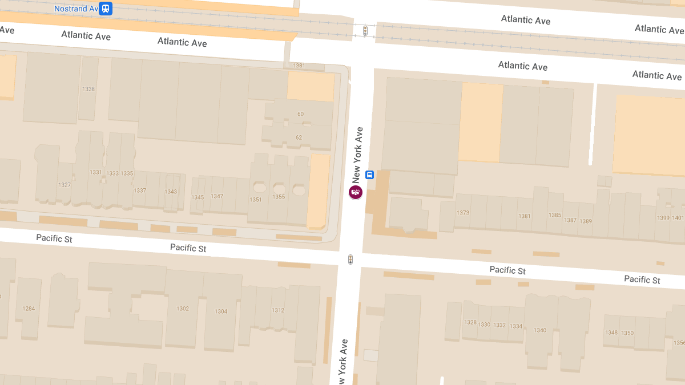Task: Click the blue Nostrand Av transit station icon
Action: [105, 9]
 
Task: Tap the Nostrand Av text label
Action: [76, 9]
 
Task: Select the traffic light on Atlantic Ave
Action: [365, 31]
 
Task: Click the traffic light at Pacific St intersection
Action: [350, 260]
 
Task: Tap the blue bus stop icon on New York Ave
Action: [370, 175]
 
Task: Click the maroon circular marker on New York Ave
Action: [356, 192]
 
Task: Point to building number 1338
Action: [88, 89]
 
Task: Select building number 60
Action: [300, 114]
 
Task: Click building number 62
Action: [299, 137]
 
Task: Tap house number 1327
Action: [65, 185]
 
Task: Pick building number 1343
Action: [171, 192]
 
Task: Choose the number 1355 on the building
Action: [279, 197]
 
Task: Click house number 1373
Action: [463, 213]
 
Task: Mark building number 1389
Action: [585, 221]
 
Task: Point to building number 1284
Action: [29, 309]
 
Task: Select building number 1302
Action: [183, 309]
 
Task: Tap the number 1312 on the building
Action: [278, 310]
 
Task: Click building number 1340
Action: [540, 330]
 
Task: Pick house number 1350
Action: [627, 333]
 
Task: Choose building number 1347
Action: [217, 196]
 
